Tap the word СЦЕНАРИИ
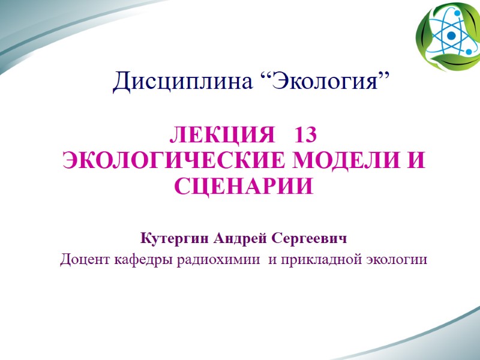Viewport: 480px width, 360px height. click(x=244, y=187)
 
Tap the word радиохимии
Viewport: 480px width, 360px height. click(x=212, y=260)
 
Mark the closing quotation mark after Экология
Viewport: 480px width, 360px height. click(x=385, y=76)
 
